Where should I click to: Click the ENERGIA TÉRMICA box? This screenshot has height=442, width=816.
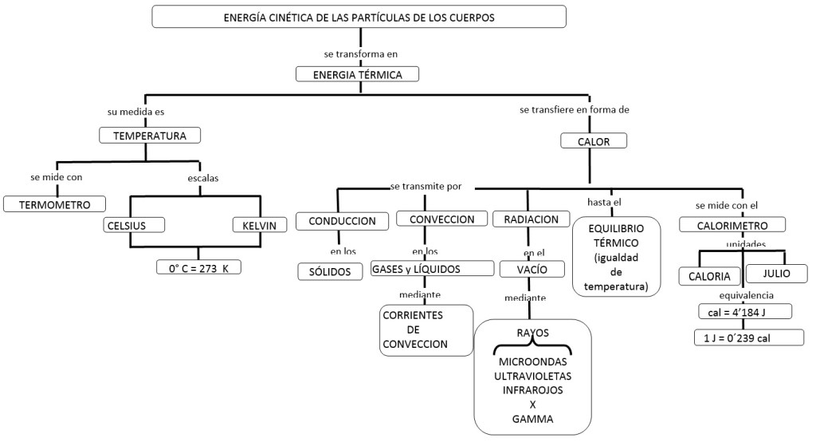pyautogui.click(x=357, y=74)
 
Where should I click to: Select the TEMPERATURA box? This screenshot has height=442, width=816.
pyautogui.click(x=150, y=136)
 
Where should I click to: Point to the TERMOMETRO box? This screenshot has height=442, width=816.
pyautogui.click(x=54, y=204)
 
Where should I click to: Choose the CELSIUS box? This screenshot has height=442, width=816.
pyautogui.click(x=134, y=225)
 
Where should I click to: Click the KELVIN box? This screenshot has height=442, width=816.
pyautogui.click(x=259, y=225)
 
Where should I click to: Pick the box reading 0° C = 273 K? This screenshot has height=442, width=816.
pyautogui.click(x=198, y=268)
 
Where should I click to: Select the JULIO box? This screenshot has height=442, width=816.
pyautogui.click(x=777, y=274)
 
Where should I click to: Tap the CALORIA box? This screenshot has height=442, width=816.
pyautogui.click(x=709, y=276)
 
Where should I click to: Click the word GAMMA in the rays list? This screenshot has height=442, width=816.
pyautogui.click(x=532, y=418)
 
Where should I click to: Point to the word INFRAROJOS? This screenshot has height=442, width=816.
pyautogui.click(x=532, y=390)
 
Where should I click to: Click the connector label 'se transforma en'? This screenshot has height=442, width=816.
pyautogui.click(x=360, y=54)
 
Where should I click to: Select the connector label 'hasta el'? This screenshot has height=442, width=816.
pyautogui.click(x=603, y=202)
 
